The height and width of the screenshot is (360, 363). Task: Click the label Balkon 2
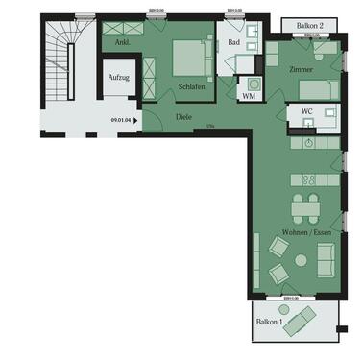307,25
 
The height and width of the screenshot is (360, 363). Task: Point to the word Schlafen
191,85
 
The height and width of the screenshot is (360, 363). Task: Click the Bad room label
233,42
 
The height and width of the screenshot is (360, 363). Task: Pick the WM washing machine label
248,96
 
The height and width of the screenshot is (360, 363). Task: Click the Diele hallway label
183,118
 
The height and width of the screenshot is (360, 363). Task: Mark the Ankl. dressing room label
122,43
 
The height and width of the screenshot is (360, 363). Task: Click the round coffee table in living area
300,259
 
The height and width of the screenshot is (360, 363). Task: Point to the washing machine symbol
254,83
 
